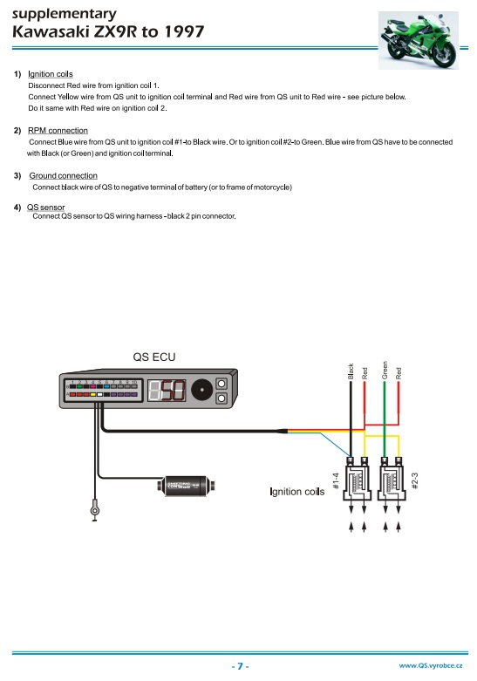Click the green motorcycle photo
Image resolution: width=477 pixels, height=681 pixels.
coord(419,40)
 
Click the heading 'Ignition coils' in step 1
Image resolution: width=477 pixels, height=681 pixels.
coord(51,74)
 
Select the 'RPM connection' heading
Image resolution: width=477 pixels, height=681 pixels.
coord(58,130)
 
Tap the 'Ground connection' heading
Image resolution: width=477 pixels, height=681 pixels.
coord(64,175)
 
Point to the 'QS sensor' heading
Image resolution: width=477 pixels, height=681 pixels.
coord(45,208)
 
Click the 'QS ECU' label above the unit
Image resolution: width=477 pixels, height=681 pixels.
coord(154,357)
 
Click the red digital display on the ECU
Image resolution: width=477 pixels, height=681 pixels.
coord(167,390)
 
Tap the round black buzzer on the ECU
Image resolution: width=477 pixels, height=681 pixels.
coord(202,390)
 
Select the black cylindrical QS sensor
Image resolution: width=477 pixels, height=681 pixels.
coord(187,485)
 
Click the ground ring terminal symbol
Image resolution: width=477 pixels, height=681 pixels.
coord(95,509)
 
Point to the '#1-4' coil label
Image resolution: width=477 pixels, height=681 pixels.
coord(336,481)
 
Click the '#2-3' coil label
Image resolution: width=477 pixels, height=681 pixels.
coord(415,481)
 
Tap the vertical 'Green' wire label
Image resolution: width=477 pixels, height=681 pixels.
coord(385,370)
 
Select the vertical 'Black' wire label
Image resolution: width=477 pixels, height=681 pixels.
coord(351,371)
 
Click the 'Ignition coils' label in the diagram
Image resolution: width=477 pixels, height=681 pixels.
coord(297,492)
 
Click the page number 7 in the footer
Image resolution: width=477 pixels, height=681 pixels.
coord(240,666)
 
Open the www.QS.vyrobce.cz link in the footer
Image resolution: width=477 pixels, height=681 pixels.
coord(431,665)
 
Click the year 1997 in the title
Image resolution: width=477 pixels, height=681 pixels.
coord(184,31)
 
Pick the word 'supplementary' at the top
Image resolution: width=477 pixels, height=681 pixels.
coord(65,14)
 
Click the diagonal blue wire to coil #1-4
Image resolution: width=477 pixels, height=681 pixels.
coord(336,445)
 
